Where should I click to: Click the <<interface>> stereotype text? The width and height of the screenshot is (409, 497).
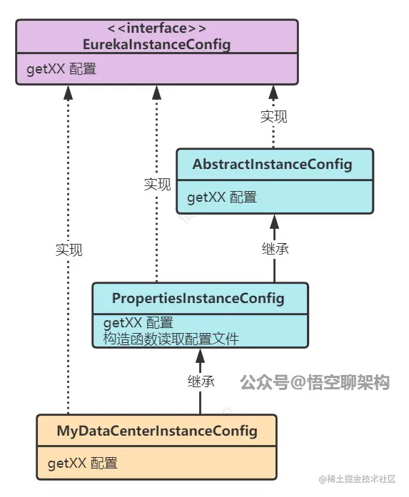(x=156, y=29)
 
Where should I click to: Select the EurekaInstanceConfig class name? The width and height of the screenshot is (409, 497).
(x=156, y=44)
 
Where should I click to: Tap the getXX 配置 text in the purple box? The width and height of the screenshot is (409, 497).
(x=61, y=69)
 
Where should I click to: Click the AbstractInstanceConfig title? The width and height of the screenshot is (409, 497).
(x=272, y=165)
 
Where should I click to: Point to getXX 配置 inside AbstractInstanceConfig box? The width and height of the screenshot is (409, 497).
(x=221, y=198)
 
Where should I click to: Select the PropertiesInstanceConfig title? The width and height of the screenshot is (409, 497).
(x=198, y=298)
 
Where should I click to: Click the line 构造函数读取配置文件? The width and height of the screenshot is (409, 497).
(x=171, y=339)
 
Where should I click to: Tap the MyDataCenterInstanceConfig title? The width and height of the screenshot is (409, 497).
(x=156, y=431)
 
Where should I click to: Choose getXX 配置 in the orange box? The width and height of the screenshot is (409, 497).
(x=83, y=463)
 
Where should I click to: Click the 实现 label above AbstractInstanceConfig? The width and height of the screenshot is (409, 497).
(x=273, y=117)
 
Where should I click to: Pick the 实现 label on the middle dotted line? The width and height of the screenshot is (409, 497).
(x=157, y=185)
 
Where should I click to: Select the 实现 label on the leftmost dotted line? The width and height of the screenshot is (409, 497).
(x=69, y=250)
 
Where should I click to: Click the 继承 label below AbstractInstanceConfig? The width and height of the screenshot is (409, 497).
(x=275, y=250)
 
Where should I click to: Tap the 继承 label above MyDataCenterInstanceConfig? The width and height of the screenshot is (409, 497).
(x=201, y=381)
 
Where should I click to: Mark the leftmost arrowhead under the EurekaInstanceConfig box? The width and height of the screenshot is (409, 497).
(x=69, y=91)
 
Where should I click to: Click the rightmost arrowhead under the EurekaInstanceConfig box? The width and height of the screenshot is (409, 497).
(x=273, y=91)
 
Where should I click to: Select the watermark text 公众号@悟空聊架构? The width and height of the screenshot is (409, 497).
(x=315, y=383)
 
